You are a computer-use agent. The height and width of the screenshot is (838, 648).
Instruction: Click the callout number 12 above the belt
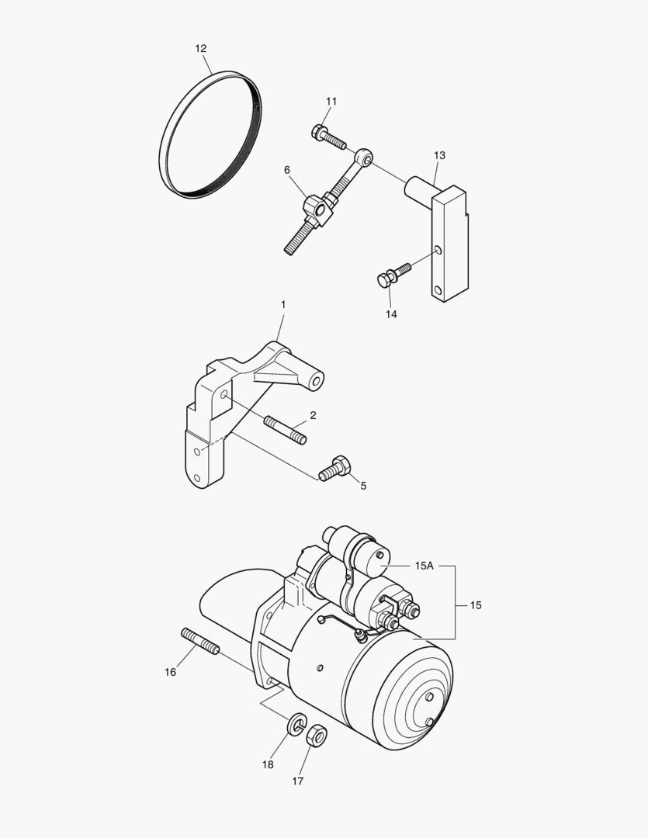coord(201,48)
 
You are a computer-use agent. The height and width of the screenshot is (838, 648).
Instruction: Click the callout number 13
coord(439,156)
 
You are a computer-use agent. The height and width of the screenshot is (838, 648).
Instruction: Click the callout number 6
coord(287,170)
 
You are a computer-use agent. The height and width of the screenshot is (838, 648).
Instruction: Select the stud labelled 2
coord(286,431)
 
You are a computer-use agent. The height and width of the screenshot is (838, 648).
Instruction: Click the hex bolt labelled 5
coord(334,469)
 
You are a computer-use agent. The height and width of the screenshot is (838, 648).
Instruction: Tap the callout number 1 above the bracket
coord(283,306)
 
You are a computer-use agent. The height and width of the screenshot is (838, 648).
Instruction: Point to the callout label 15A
coord(424,566)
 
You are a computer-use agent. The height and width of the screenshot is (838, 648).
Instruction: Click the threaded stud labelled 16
coord(200,641)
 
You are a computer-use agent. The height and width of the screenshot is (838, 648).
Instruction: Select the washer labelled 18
coord(296,726)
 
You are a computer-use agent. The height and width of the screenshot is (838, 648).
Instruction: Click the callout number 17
coord(297,781)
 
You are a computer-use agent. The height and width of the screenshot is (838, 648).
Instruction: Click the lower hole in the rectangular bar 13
coord(439,292)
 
